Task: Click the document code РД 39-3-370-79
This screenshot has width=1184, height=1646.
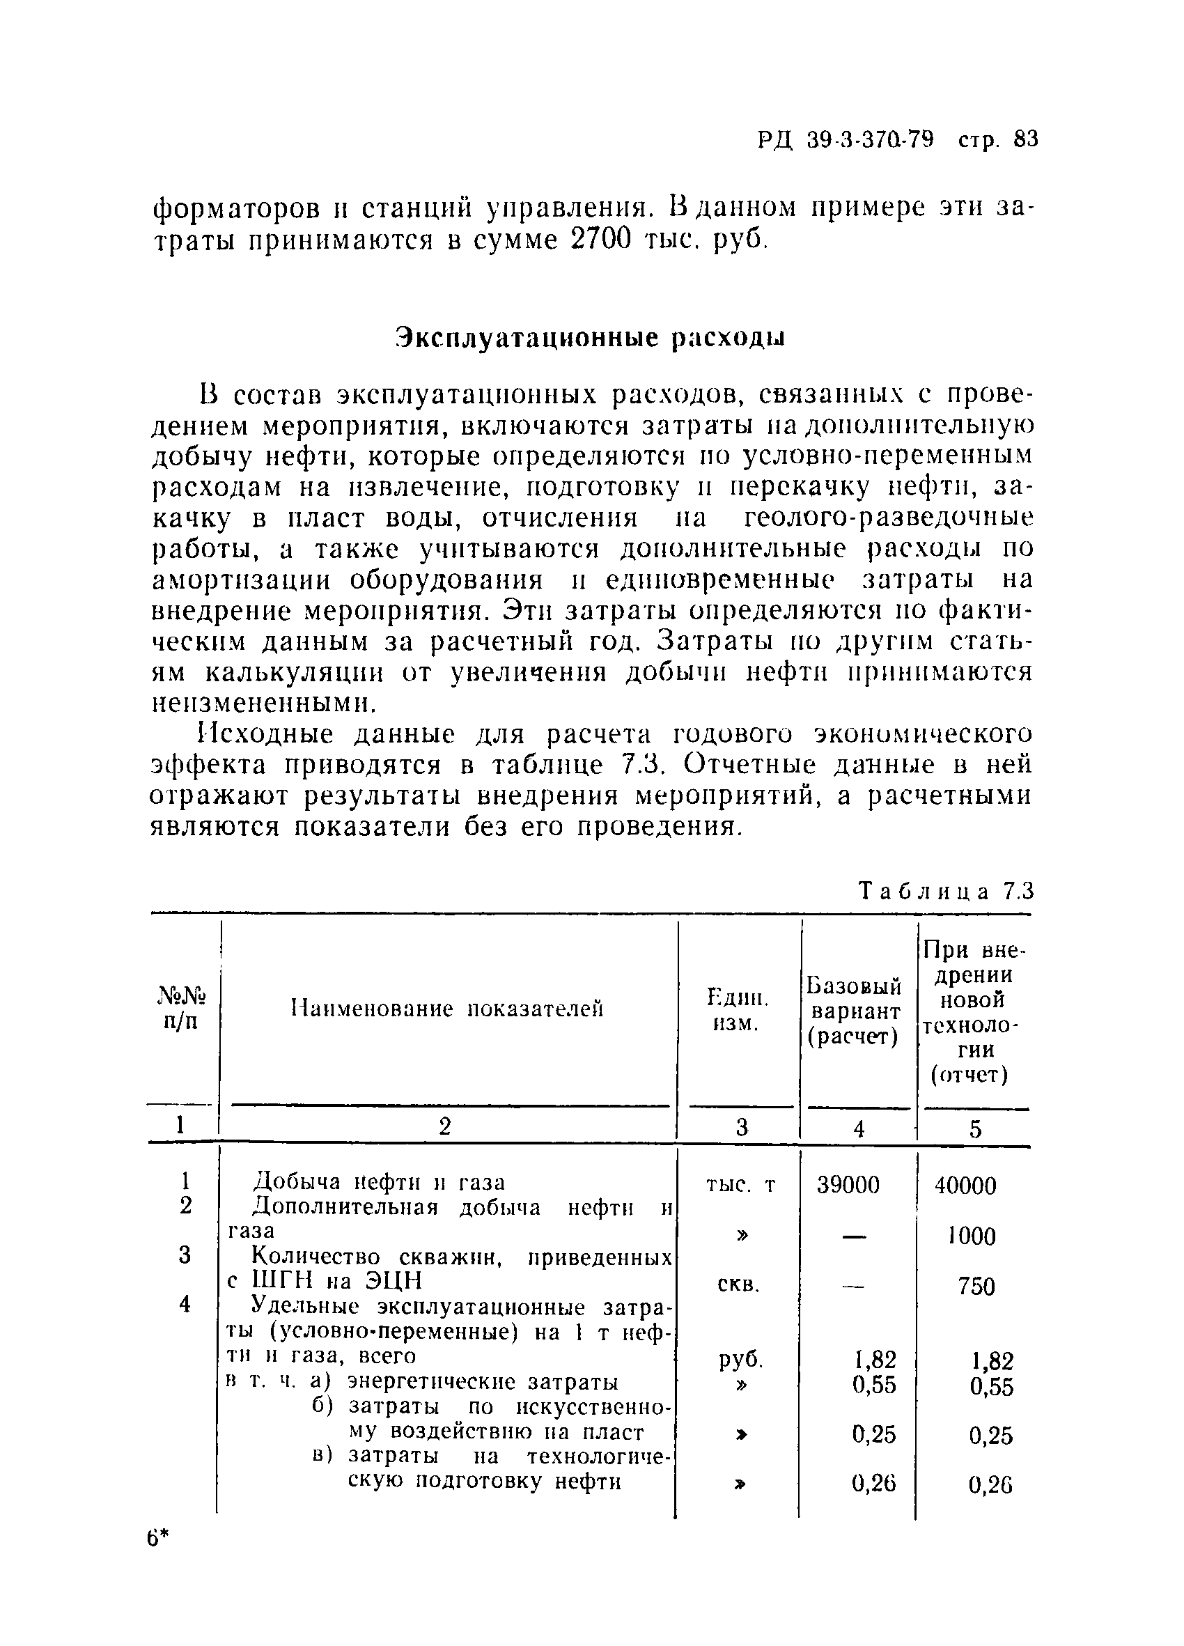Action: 846,139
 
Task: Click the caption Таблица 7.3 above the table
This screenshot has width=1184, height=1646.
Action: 944,890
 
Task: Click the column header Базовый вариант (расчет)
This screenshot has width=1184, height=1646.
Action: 854,1011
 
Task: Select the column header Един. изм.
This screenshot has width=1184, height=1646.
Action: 737,1011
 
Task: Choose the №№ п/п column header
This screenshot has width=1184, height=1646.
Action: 181,1009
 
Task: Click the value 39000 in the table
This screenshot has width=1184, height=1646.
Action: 848,1185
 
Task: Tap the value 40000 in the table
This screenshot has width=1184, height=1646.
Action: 965,1186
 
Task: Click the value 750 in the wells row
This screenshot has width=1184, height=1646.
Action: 976,1287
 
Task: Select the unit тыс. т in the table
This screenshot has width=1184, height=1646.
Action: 740,1184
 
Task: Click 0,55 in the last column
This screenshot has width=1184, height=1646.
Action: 990,1387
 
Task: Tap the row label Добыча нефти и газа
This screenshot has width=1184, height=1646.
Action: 378,1182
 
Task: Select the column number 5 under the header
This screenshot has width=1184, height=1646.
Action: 975,1129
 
